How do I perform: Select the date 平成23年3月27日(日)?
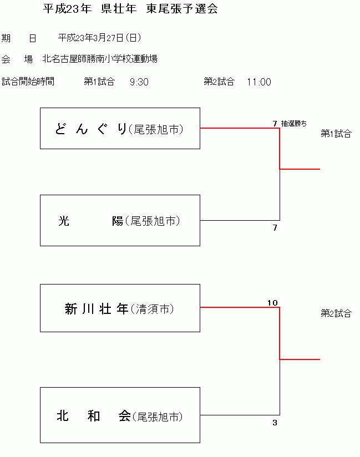coord(99,38)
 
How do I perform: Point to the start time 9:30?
coord(139,82)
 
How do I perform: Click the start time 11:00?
coord(259,82)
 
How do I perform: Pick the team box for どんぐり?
coord(120,129)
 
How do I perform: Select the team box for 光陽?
coord(120,221)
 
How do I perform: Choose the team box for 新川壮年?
coord(120,308)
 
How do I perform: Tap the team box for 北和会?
coord(120,415)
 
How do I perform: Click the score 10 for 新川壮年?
coord(272,303)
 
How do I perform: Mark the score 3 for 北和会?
coord(275,423)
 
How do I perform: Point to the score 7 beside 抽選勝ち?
coord(275,123)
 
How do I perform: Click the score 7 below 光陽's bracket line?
coord(275,228)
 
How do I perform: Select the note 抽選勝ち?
coord(293,123)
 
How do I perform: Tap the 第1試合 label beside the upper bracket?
coord(336,134)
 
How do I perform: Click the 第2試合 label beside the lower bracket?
coord(336,313)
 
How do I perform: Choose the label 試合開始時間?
coord(28,82)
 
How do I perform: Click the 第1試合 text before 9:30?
coord(99,82)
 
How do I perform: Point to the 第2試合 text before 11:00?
coord(219,82)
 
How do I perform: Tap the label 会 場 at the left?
coord(17,59)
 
